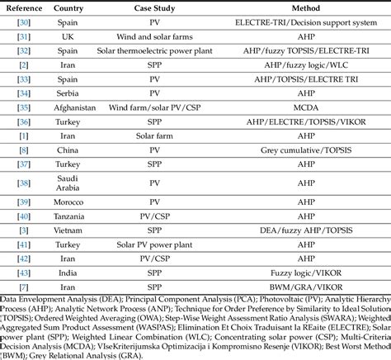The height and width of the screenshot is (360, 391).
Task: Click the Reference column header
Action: click(24, 7)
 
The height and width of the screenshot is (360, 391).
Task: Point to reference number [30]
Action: click(24, 22)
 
